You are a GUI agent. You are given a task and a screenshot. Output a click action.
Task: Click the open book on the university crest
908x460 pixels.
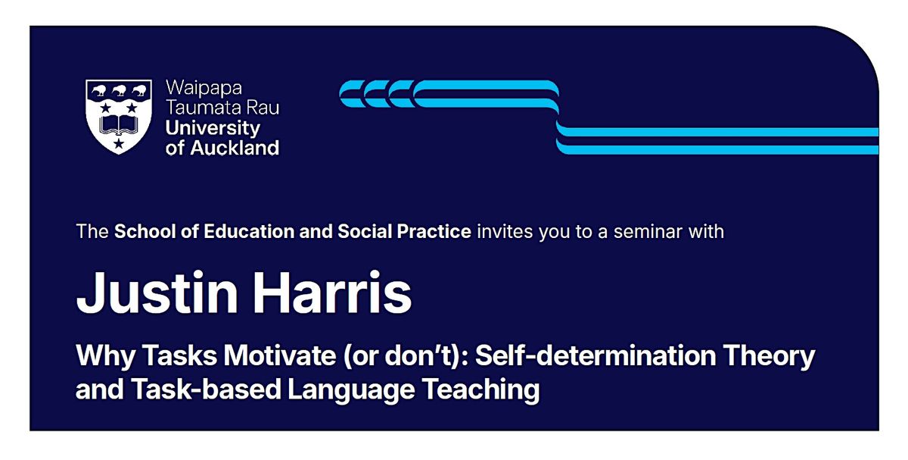118,125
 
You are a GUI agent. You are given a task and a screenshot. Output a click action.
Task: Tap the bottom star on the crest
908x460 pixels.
118,143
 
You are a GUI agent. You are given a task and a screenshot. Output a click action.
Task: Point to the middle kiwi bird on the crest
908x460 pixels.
120,90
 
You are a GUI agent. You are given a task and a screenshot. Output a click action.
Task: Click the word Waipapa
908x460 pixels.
204,89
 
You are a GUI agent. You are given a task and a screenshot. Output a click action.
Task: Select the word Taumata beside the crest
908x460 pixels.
198,108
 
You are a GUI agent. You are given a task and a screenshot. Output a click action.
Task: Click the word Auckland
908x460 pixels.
235,147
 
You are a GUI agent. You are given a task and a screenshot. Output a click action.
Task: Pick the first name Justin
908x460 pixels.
157,293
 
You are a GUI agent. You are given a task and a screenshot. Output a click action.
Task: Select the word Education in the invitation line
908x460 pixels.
248,231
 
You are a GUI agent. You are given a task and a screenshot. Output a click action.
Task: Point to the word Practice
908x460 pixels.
434,231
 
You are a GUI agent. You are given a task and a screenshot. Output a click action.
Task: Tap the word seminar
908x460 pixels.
649,231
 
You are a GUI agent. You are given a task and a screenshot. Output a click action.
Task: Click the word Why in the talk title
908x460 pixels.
105,356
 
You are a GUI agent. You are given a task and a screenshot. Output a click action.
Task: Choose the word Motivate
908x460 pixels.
280,355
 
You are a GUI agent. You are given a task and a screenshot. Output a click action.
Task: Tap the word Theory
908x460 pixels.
769,356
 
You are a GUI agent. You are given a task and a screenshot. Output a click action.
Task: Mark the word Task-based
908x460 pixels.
206,389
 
